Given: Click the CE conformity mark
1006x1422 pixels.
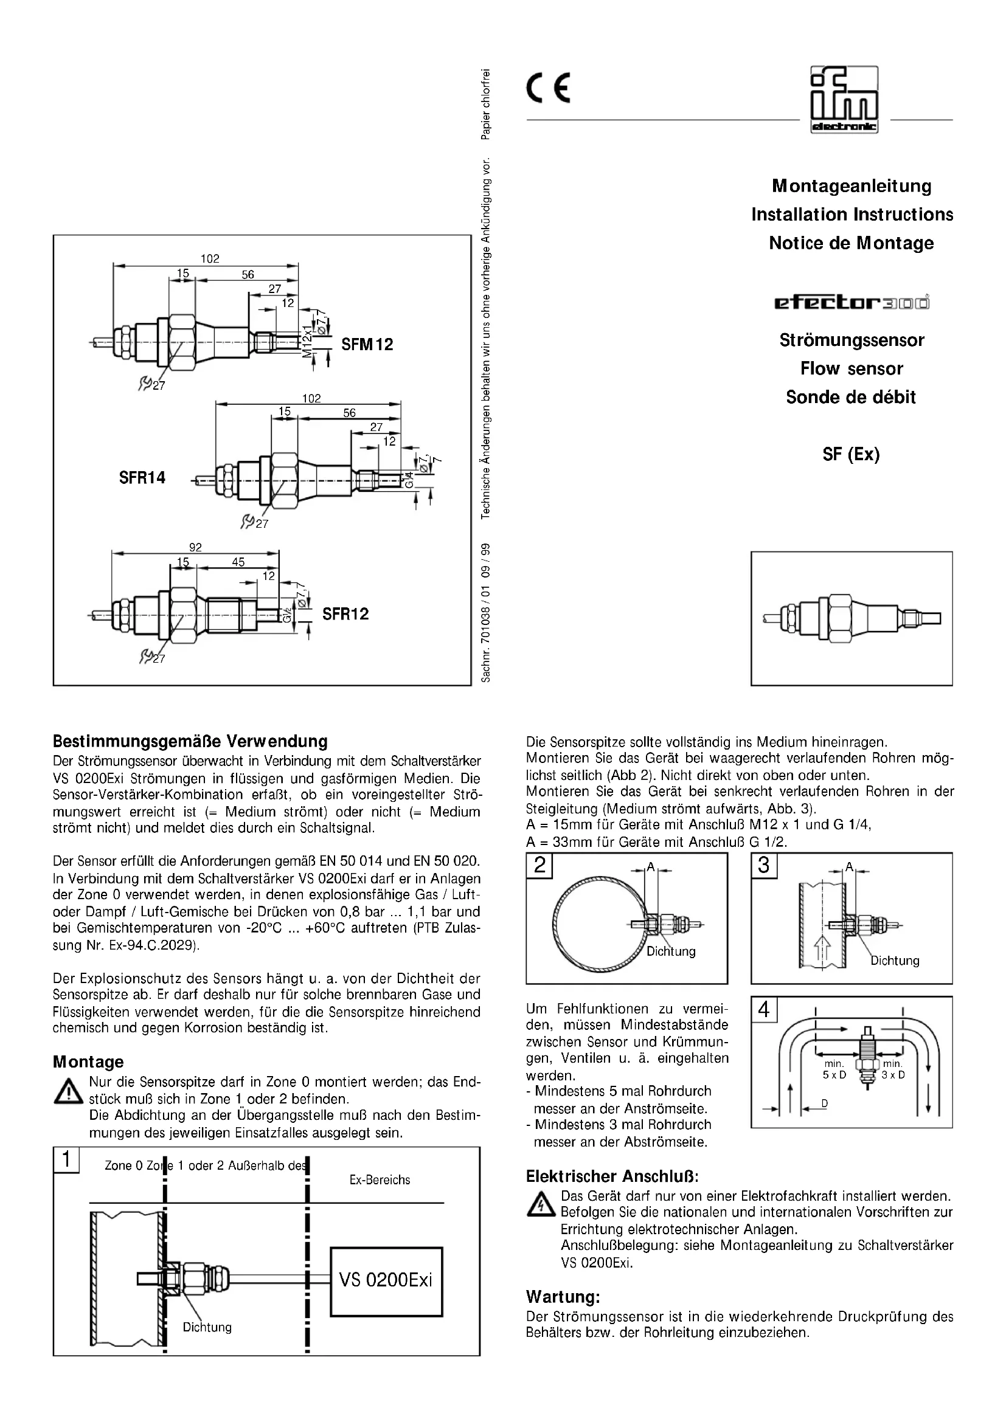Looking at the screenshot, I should [548, 89].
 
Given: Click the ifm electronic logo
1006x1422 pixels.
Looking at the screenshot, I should [844, 99].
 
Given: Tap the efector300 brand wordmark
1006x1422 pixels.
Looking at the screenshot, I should [852, 302].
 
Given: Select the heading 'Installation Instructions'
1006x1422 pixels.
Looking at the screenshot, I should [852, 214].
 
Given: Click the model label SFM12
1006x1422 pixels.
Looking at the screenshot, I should [367, 344].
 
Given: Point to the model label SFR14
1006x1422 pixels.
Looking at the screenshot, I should [142, 477].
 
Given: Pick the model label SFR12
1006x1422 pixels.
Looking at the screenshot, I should [345, 614].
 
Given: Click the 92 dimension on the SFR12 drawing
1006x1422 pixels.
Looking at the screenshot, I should [195, 547].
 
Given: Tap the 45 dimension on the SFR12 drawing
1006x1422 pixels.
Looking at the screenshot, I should [238, 562].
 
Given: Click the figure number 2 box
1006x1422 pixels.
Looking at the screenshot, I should [539, 865].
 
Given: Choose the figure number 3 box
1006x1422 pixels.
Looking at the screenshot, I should [763, 865].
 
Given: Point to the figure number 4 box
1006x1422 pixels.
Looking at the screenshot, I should [763, 1010].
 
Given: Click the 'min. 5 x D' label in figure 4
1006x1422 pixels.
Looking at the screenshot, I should [834, 1069].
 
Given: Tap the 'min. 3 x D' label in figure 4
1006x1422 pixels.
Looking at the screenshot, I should [893, 1069].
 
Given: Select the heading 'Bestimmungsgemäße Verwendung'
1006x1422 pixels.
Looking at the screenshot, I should [190, 740].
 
